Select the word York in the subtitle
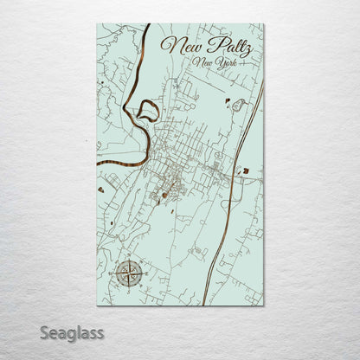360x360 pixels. click(x=233, y=64)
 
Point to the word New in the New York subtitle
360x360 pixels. click(x=206, y=63)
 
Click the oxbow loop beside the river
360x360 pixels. click(x=148, y=109)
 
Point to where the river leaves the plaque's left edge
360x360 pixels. click(x=98, y=162)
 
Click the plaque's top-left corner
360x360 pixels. click(x=97, y=24)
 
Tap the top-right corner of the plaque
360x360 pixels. click(x=263, y=24)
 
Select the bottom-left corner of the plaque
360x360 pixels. click(x=97, y=305)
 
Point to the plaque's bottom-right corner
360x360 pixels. click(x=263, y=305)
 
